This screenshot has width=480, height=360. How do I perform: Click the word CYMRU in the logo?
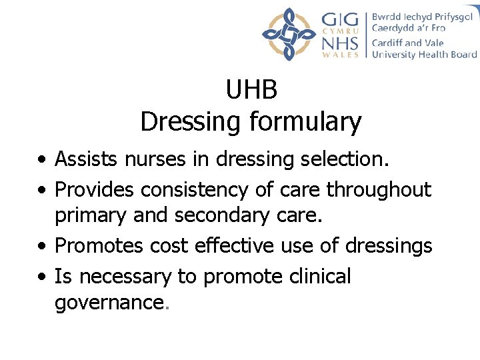[x=340, y=30]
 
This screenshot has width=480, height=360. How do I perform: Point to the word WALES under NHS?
[x=340, y=55]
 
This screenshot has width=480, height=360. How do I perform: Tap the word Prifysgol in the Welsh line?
[x=450, y=17]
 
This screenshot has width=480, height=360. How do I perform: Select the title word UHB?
[x=251, y=90]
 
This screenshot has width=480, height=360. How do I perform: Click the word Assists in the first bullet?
[x=86, y=159]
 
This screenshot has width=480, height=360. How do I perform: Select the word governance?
[x=109, y=303]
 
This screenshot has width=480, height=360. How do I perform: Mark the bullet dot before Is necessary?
[x=42, y=277]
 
